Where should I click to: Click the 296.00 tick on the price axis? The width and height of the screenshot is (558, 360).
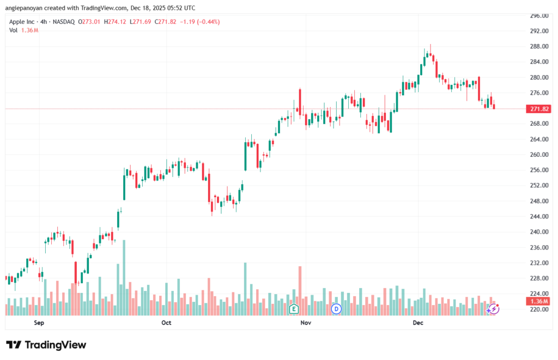click(538, 16)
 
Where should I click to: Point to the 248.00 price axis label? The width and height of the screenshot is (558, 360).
click(538, 201)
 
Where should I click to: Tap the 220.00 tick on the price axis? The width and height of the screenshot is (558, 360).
click(538, 309)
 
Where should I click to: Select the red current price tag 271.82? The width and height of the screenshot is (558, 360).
click(539, 109)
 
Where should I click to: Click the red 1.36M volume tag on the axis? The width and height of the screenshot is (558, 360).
click(539, 301)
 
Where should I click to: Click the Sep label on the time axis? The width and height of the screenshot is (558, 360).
click(39, 323)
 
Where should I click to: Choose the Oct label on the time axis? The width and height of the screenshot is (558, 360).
click(166, 323)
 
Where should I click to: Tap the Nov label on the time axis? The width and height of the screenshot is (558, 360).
click(306, 323)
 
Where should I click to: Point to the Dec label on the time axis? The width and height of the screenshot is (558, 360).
click(418, 323)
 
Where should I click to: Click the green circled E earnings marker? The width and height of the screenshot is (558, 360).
click(294, 309)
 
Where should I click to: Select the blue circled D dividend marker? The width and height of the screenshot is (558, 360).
click(336, 309)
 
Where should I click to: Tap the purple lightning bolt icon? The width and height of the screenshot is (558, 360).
click(493, 309)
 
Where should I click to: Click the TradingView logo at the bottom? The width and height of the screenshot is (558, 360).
click(46, 345)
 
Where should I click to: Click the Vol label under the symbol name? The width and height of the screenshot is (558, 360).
click(14, 30)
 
